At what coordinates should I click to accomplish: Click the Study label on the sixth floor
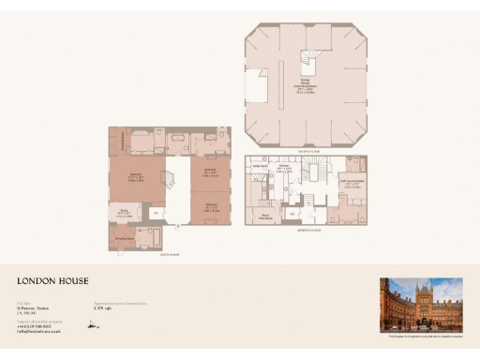tap(123, 212)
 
